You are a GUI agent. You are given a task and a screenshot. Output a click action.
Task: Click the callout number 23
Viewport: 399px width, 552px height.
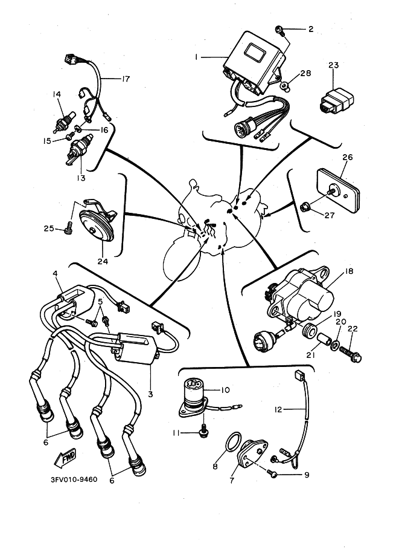point(334,65)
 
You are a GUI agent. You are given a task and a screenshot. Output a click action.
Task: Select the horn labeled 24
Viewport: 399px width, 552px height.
point(97,224)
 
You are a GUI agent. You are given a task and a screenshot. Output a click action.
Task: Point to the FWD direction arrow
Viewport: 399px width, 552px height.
point(65,459)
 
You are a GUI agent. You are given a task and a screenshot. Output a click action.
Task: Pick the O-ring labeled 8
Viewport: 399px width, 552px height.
point(233,441)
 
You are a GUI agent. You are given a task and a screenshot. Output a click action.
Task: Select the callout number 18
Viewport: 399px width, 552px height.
point(349,271)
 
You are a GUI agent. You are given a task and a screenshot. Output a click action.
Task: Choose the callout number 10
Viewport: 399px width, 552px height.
point(225,390)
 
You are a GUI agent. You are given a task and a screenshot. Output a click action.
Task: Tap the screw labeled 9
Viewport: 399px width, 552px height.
point(272,473)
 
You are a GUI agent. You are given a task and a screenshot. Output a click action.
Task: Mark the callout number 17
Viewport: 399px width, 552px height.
point(126,79)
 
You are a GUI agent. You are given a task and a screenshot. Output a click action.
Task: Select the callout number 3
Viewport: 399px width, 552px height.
point(150,394)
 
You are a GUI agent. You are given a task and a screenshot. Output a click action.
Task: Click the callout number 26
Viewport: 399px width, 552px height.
point(347,157)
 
